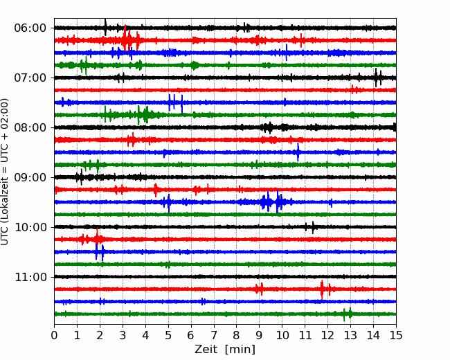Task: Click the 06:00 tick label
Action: pos(30,28)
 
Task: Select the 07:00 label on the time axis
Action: pos(30,78)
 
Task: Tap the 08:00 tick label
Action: pos(30,128)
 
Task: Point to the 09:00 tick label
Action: pos(30,177)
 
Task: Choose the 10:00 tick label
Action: pos(30,227)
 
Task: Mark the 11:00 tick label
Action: pos(30,278)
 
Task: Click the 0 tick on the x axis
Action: pos(54,335)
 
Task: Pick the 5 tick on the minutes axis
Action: pos(168,335)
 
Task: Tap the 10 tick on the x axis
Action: pos(282,335)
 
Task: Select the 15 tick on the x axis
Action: pos(396,335)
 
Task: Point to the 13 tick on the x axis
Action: pos(350,335)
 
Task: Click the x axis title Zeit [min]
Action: pos(225,350)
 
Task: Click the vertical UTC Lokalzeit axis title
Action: pos(5,172)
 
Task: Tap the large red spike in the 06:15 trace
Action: pos(125,38)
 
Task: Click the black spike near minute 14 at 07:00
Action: pos(376,78)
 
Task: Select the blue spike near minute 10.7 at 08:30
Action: pos(298,152)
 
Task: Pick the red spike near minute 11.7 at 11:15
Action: pos(322,289)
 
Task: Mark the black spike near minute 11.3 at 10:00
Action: pos(313,227)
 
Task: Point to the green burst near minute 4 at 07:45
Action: pos(143,115)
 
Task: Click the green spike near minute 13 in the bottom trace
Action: pos(350,313)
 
